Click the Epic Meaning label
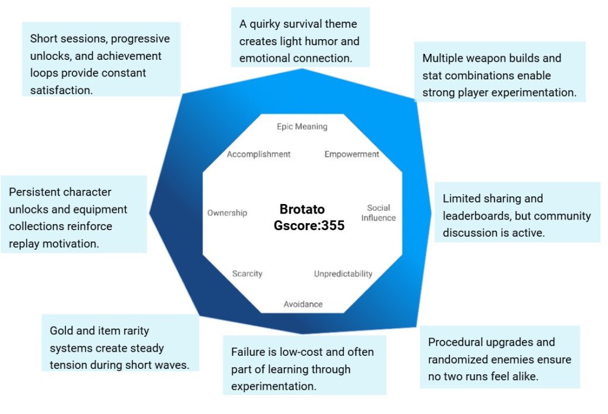pyautogui.click(x=302, y=126)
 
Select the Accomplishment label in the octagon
pyautogui.click(x=258, y=154)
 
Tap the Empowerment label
pyautogui.click(x=351, y=154)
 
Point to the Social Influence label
pyautogui.click(x=378, y=212)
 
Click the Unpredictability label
pyautogui.click(x=343, y=273)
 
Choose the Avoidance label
pyautogui.click(x=303, y=304)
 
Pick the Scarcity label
pyautogui.click(x=247, y=273)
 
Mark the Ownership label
pyautogui.click(x=227, y=213)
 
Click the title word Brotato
pyautogui.click(x=302, y=210)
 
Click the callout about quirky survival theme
pyautogui.click(x=299, y=41)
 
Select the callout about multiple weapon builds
pyautogui.click(x=499, y=75)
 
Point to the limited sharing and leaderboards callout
pyautogui.click(x=517, y=215)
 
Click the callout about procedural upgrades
pyautogui.click(x=499, y=359)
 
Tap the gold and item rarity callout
pyautogui.click(x=119, y=348)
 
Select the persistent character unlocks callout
pyautogui.click(x=74, y=218)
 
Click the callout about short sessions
pyautogui.click(x=100, y=64)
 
